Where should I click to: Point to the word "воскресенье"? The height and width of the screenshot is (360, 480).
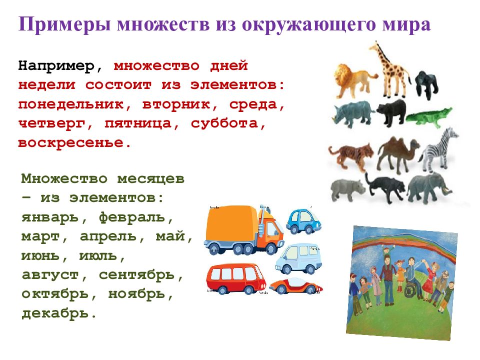click(x=70, y=143)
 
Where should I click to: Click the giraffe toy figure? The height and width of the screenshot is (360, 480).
click(x=390, y=65)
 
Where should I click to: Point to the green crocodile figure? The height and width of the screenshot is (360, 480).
click(x=428, y=117)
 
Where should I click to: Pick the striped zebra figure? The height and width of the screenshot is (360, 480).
click(x=439, y=150)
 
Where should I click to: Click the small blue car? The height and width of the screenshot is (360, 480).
click(x=303, y=220)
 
